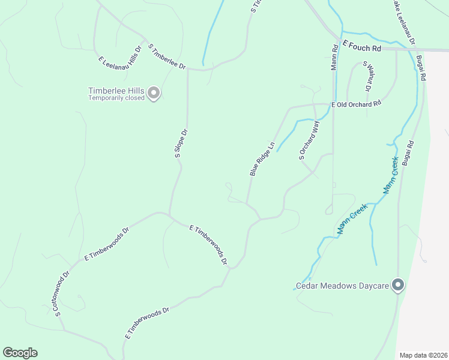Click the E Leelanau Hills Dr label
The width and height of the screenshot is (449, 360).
120,53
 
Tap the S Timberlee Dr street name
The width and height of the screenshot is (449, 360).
167,56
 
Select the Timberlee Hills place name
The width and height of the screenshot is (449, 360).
116,91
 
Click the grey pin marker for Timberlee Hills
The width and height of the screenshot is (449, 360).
154,93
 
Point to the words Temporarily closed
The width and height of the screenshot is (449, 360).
116,98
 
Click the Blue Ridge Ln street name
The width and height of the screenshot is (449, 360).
262,158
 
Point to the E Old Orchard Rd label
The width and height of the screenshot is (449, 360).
357,104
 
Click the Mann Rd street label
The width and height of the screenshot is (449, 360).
334,56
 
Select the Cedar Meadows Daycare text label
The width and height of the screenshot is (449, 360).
343,286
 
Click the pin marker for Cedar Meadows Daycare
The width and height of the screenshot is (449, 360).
397,285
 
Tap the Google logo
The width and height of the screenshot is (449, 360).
20,353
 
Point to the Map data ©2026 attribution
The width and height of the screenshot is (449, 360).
423,355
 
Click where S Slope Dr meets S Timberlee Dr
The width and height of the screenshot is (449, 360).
188,69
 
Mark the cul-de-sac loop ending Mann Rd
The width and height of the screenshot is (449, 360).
328,210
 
